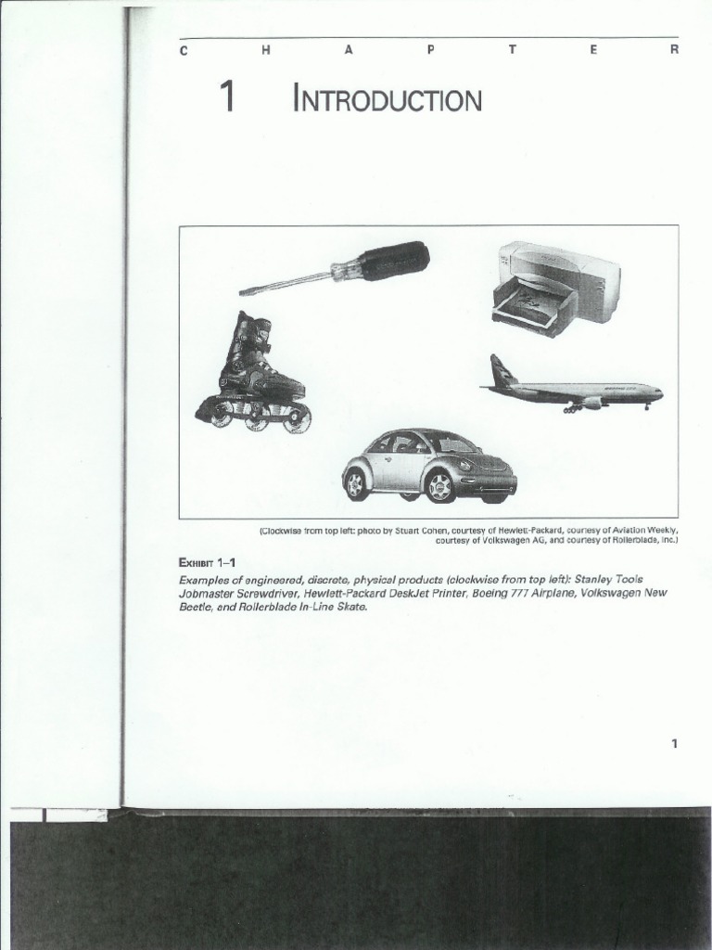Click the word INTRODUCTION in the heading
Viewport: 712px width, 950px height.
pos(388,99)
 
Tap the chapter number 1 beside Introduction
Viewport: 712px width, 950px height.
pos(225,97)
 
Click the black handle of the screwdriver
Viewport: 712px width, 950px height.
pos(393,261)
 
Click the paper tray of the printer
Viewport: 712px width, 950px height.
pos(531,308)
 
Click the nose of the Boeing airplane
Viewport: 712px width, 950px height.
pos(659,392)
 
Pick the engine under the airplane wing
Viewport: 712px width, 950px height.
pos(590,403)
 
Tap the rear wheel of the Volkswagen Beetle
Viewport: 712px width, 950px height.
pos(356,483)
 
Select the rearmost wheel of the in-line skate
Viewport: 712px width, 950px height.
pos(221,416)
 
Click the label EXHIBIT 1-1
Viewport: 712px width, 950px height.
pos(207,562)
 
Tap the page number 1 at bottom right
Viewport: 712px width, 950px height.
pos(675,743)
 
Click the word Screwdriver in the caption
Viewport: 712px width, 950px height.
pos(269,593)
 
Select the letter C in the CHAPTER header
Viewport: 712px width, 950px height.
pos(183,51)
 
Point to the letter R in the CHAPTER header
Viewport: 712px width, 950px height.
pos(675,51)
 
